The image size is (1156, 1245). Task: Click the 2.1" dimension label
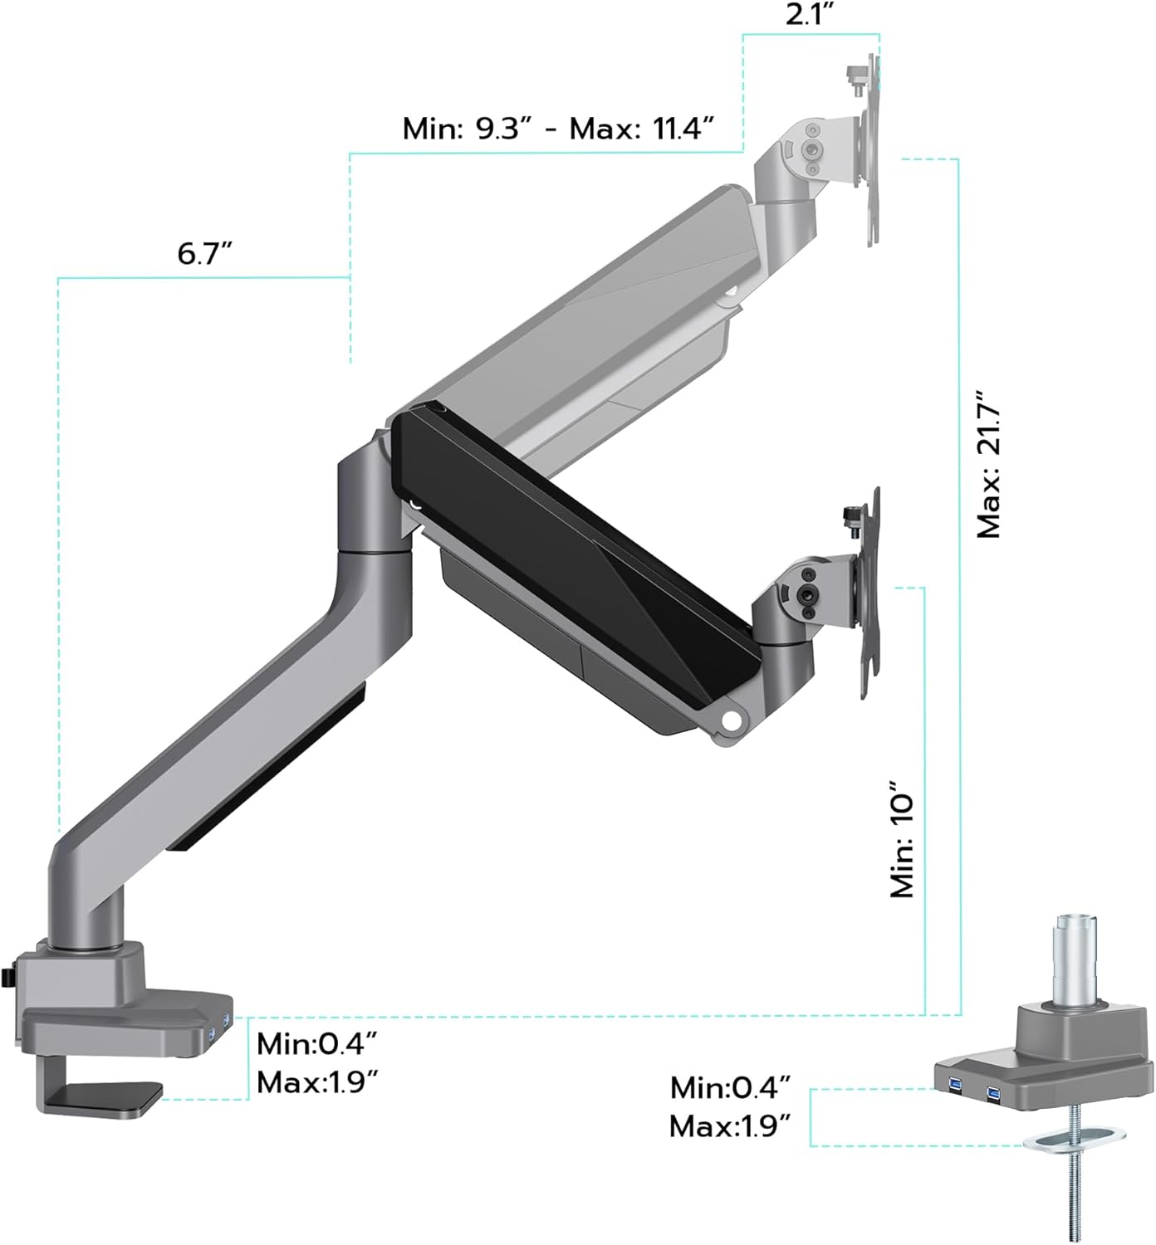click(x=809, y=15)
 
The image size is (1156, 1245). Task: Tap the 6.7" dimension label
click(x=204, y=253)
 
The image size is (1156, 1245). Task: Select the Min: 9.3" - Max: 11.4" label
click(x=558, y=129)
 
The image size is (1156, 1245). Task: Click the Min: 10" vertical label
click(x=902, y=838)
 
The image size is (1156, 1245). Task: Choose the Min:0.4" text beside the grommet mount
click(x=730, y=1086)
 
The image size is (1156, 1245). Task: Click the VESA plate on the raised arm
click(x=870, y=149)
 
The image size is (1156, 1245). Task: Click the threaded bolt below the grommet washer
click(x=1075, y=1195)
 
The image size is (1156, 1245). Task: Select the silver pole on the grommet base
click(x=1073, y=959)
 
